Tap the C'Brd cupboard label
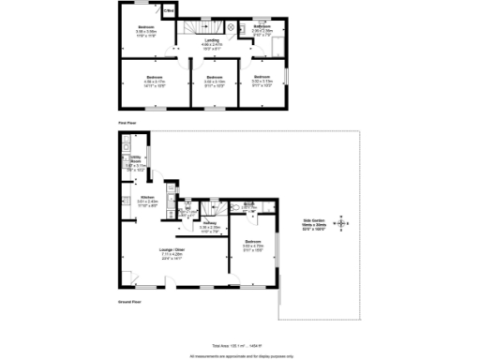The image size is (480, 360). (x=169, y=11)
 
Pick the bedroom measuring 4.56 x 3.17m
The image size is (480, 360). (x=154, y=79)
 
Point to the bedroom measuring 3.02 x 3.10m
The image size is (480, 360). (x=214, y=79)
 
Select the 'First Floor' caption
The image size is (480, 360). (x=127, y=123)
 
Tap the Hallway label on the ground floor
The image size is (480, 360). (x=210, y=224)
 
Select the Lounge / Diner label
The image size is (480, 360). (x=170, y=251)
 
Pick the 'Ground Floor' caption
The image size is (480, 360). (x=129, y=302)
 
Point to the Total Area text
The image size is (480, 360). (x=240, y=346)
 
